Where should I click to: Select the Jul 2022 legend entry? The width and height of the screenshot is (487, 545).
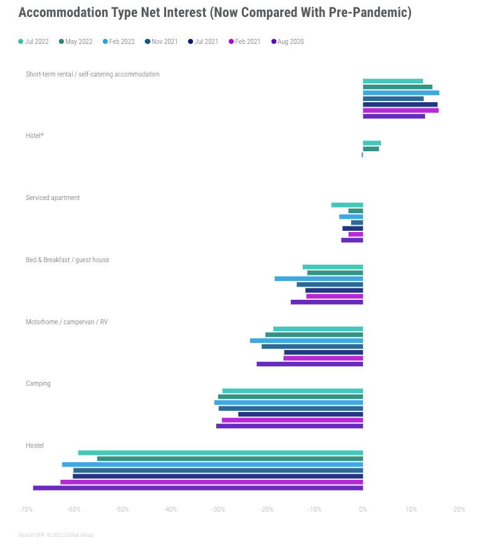click(33, 42)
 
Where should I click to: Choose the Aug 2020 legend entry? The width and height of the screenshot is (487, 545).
click(287, 42)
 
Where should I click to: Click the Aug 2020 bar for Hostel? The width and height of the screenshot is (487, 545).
click(197, 488)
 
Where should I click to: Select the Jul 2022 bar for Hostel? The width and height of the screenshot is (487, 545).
click(220, 453)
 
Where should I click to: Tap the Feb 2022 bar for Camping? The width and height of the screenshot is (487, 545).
click(288, 403)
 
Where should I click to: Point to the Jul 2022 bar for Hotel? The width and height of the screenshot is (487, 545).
click(372, 143)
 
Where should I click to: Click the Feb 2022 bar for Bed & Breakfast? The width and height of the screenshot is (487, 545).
click(318, 278)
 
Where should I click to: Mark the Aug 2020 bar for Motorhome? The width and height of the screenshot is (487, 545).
click(310, 364)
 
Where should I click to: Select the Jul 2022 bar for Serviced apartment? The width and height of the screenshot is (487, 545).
click(347, 205)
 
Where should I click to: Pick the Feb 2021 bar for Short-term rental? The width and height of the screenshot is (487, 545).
click(401, 110)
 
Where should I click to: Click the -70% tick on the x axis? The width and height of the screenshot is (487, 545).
click(26, 509)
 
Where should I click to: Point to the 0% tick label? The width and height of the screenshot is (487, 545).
click(362, 509)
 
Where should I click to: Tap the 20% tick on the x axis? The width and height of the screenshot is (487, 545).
click(459, 509)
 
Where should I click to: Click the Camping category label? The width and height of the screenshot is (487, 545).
click(38, 383)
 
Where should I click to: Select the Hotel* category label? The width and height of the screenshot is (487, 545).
click(34, 135)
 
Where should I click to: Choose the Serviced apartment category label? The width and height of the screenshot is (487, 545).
click(53, 198)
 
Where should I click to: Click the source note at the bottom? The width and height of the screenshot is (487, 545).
click(55, 535)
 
